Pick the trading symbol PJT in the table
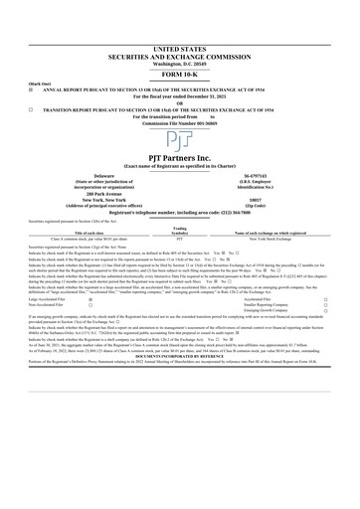[179, 240]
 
